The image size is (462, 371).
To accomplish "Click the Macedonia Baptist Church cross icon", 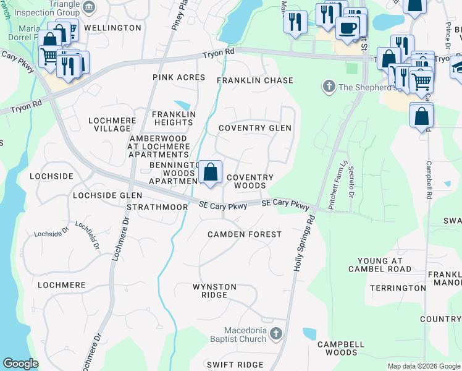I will click(x=275, y=334).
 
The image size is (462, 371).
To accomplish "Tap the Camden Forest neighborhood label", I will click(x=244, y=234).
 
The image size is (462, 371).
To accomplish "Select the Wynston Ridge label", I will click(x=214, y=291).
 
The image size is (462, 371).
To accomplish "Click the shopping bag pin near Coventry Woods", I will click(x=210, y=172).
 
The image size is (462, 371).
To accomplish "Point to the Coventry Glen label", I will click(x=255, y=128).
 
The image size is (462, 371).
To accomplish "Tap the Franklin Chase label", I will click(x=254, y=81).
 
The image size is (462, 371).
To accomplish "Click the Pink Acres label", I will click(x=179, y=77).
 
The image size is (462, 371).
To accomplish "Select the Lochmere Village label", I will click(x=112, y=124).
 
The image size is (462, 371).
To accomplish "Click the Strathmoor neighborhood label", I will click(x=157, y=207).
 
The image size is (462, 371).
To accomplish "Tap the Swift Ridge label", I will click(x=235, y=365).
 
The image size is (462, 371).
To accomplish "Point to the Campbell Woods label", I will click(x=337, y=348).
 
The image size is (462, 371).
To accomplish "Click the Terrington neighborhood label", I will click(x=398, y=288).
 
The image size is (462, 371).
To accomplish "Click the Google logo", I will click(x=20, y=364).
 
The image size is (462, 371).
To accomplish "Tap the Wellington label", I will click(x=112, y=28).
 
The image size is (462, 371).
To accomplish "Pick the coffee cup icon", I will click(x=348, y=28).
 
